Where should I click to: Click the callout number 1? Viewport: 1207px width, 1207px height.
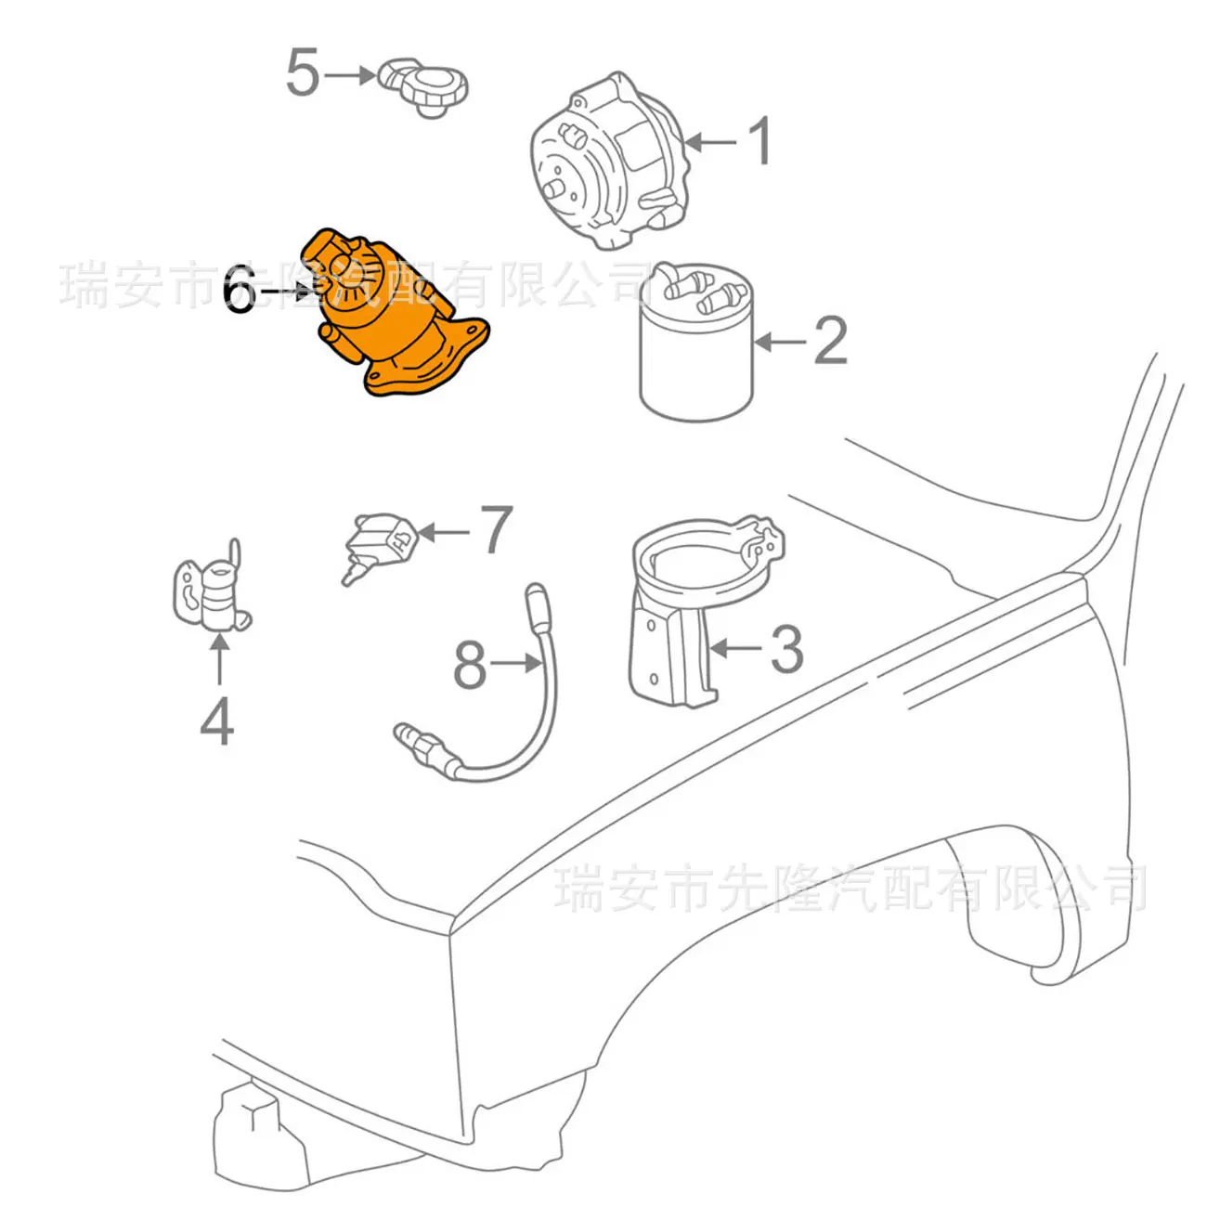(x=760, y=141)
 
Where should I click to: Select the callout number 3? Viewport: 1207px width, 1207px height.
(x=786, y=649)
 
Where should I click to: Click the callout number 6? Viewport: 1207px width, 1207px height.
(x=240, y=290)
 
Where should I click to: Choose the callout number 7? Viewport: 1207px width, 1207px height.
(x=496, y=530)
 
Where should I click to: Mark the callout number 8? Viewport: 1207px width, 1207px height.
(x=469, y=665)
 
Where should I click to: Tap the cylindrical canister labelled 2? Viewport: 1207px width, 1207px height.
(x=697, y=344)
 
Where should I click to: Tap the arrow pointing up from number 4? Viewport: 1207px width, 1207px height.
(x=218, y=658)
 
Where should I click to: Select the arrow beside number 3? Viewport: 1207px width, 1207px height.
(x=735, y=648)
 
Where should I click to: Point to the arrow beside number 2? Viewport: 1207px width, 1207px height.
(x=781, y=342)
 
